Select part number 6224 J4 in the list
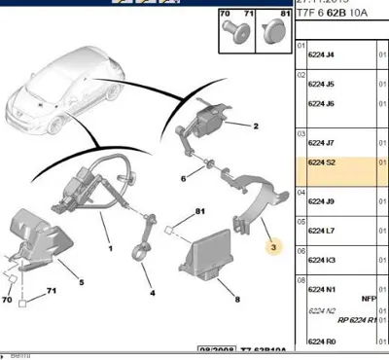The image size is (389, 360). (x=321, y=55)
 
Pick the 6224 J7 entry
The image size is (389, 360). (x=321, y=144)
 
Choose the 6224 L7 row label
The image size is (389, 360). (x=321, y=233)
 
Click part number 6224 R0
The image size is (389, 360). (x=321, y=342)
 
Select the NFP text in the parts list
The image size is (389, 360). (x=369, y=298)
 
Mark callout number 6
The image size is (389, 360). (x=183, y=178)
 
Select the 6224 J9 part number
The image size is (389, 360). (x=321, y=202)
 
